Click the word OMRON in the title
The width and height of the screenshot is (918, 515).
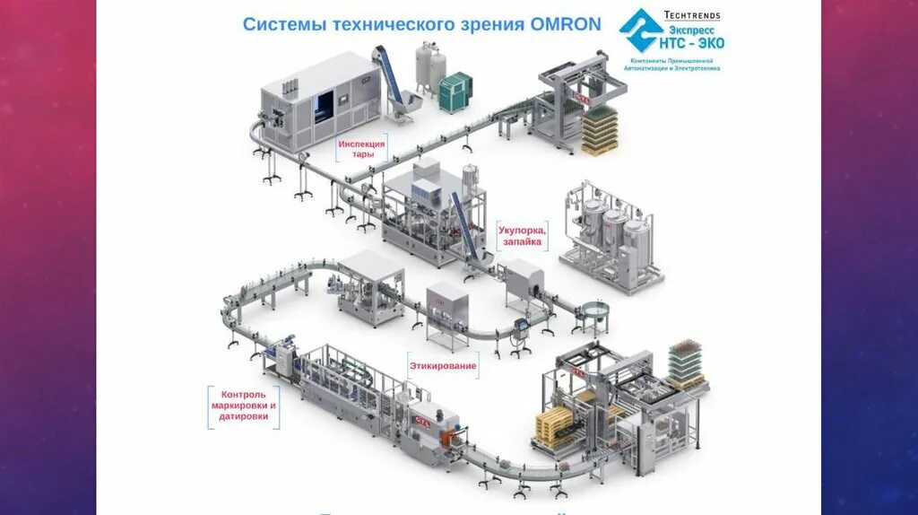click(564, 23)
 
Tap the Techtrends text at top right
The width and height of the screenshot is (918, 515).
click(691, 15)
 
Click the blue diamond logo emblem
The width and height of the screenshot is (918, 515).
click(640, 31)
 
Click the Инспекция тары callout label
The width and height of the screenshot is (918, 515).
click(362, 149)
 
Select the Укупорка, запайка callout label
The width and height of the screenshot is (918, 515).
click(522, 236)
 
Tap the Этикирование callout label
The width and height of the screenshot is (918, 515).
click(443, 366)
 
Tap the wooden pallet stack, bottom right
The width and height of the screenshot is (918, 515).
click(554, 425)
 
